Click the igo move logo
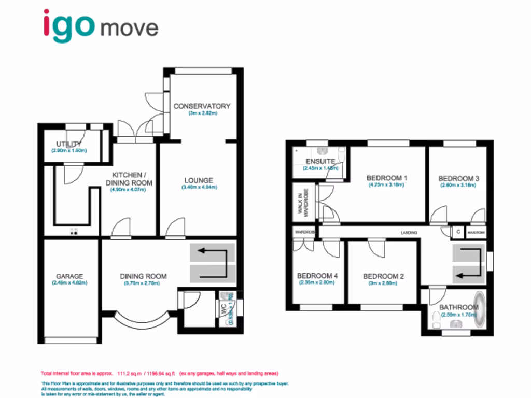pyautogui.click(x=101, y=25)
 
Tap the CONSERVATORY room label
pyautogui.click(x=202, y=106)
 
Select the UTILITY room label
pyautogui.click(x=69, y=144)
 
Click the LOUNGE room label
pyautogui.click(x=199, y=180)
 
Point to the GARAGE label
pyautogui.click(x=69, y=276)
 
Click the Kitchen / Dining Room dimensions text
pyautogui.click(x=128, y=190)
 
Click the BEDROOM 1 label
pyautogui.click(x=387, y=178)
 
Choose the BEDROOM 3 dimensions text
pyautogui.click(x=458, y=185)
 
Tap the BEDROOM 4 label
pyautogui.click(x=317, y=276)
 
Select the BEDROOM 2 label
pyautogui.click(x=384, y=276)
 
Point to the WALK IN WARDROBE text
pyautogui.click(x=302, y=204)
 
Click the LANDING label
pyautogui.click(x=409, y=234)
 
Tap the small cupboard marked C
pyautogui.click(x=458, y=232)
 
